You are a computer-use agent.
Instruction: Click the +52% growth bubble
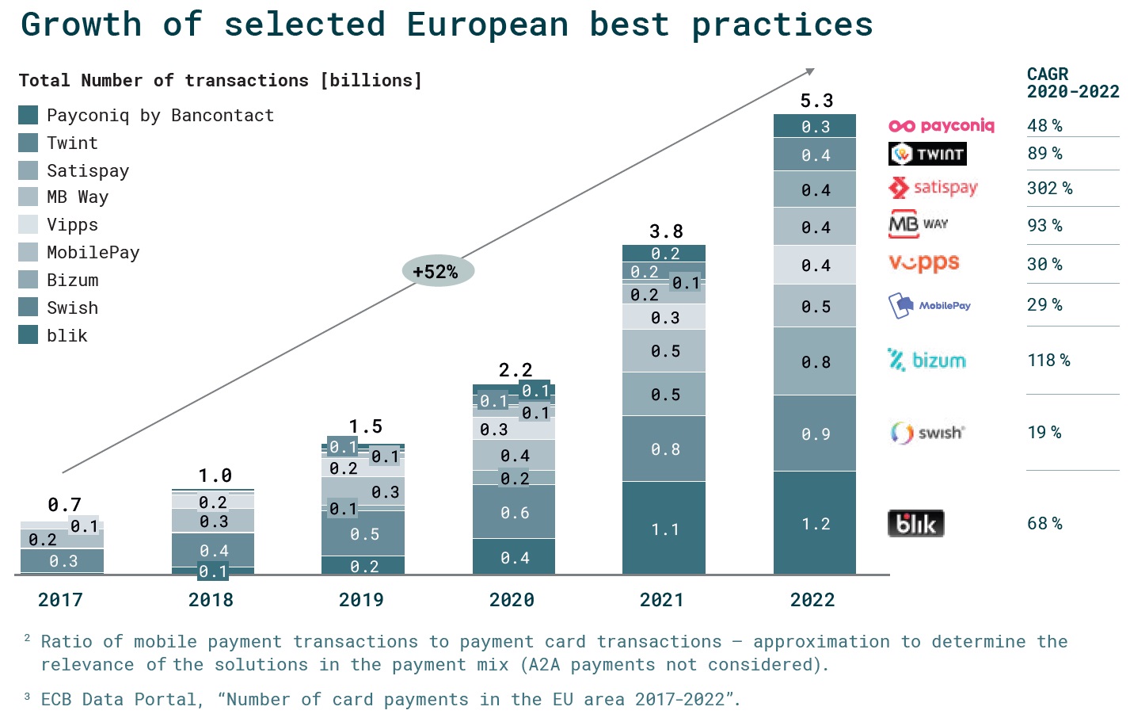(437, 272)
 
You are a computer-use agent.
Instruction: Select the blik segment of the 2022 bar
(815, 523)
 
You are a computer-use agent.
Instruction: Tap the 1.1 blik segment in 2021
(664, 529)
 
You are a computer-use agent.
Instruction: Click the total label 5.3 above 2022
(816, 101)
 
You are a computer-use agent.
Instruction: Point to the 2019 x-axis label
(361, 600)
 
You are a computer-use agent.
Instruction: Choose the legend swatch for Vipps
(29, 224)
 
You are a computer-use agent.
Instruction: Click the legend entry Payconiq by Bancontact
(160, 116)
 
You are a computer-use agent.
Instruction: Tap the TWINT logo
(927, 154)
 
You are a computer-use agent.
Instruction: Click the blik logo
(916, 524)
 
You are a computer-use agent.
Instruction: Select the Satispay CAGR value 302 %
(1050, 189)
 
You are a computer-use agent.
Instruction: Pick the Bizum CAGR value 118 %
(1048, 361)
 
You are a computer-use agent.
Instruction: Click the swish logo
(927, 433)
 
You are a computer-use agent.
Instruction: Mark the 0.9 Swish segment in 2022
(815, 433)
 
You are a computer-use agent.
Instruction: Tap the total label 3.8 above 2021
(666, 231)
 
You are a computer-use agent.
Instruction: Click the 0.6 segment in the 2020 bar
(514, 513)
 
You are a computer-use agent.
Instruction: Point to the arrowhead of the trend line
(810, 71)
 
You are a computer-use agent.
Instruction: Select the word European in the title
(487, 25)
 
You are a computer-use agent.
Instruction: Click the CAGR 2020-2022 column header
(1072, 83)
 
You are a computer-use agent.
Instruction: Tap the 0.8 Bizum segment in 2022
(815, 362)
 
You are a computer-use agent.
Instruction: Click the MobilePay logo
(930, 306)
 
